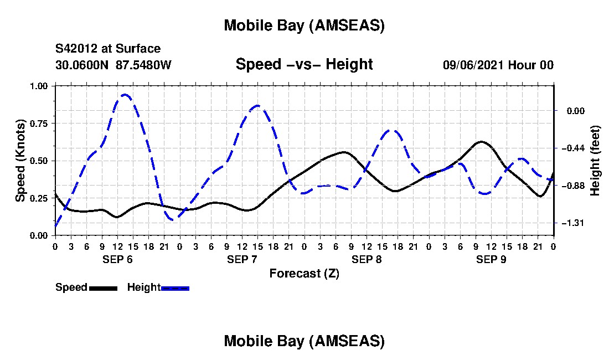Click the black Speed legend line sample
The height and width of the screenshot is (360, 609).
[x=103, y=288]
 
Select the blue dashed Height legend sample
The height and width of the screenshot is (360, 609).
[x=175, y=288]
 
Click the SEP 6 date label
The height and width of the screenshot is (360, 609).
[x=117, y=259]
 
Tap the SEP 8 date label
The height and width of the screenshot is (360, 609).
[x=366, y=259]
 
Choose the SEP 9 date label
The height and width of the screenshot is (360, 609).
[x=491, y=259]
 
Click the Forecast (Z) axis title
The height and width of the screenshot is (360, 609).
[x=304, y=273]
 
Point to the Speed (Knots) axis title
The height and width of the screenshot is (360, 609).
[x=20, y=161]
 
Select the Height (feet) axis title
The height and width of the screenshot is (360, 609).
[x=595, y=161]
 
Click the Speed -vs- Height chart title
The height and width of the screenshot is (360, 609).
[x=304, y=64]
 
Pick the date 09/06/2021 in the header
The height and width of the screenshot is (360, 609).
[x=473, y=65]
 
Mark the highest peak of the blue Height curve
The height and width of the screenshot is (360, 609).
[x=125, y=95]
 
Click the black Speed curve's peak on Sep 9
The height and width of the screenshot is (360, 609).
[x=482, y=142]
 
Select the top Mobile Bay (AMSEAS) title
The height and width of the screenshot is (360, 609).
[x=304, y=25]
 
